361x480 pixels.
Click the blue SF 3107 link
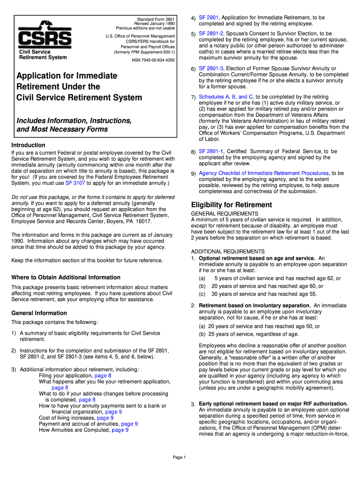pos(75,183)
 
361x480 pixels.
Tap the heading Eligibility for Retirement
pos(231,205)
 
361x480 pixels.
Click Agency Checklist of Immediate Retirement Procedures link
pos(264,173)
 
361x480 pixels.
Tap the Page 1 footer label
pos(180,457)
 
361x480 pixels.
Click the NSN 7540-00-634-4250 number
pos(153,60)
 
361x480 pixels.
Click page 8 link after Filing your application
pos(103,375)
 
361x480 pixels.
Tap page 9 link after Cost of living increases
pos(105,418)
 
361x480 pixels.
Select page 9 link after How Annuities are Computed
pos(120,430)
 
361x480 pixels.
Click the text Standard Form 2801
pos(156,19)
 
